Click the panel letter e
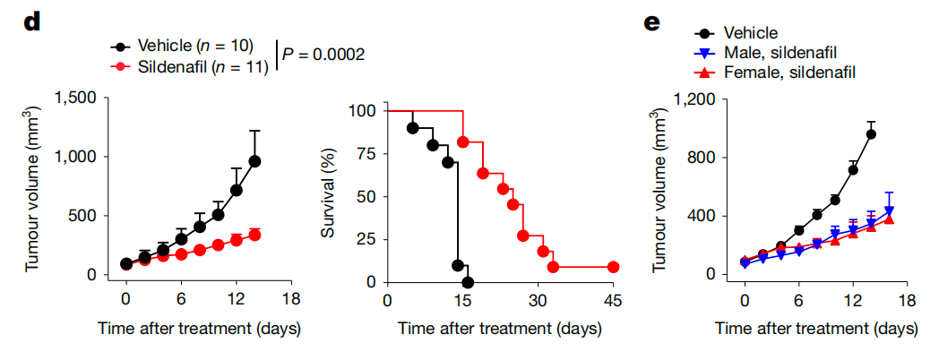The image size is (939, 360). (x=652, y=21)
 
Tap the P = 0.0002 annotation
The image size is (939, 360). (x=323, y=55)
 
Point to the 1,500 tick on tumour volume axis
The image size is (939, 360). (x=77, y=98)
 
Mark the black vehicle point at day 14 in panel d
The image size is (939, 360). (x=254, y=161)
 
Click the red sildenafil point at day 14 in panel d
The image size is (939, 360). (x=254, y=235)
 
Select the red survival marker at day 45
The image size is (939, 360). (x=613, y=267)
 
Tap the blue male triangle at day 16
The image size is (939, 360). (x=889, y=211)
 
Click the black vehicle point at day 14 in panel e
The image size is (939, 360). (x=871, y=134)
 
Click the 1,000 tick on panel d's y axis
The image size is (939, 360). (x=77, y=157)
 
